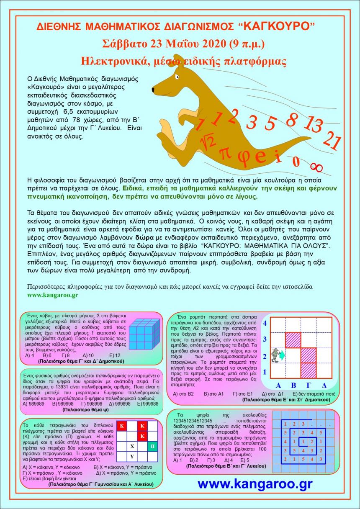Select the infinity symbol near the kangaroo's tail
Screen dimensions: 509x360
317,167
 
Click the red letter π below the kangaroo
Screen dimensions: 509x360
225,153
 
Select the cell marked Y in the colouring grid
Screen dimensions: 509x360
132,456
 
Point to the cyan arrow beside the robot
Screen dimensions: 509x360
282,355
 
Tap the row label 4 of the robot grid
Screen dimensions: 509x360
265,323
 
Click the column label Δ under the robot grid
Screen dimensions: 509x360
324,385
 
